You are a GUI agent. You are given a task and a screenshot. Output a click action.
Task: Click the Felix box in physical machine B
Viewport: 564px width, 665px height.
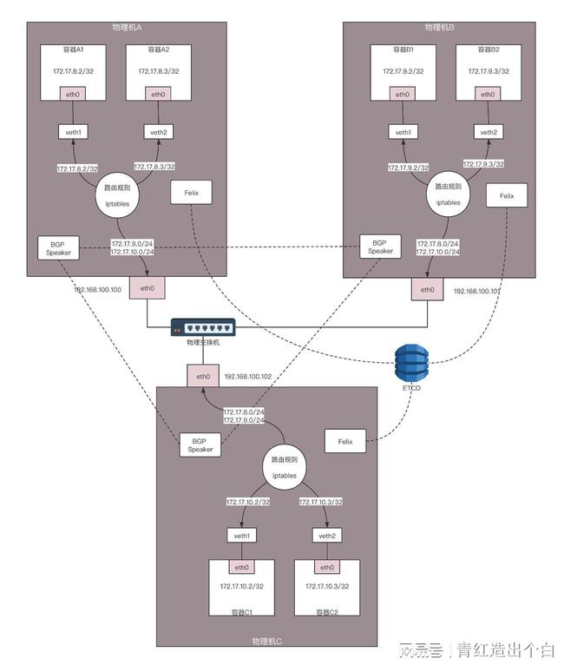[507, 195]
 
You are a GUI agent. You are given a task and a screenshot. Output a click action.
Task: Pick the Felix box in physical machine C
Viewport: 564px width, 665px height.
[344, 442]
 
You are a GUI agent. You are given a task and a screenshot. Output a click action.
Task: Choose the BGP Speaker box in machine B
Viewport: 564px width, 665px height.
[380, 247]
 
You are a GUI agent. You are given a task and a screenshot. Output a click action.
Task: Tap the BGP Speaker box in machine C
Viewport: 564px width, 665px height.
[200, 444]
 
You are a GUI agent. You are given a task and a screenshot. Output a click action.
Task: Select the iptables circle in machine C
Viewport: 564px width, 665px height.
[284, 469]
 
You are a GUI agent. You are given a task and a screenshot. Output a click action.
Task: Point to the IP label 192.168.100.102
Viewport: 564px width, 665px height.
[247, 378]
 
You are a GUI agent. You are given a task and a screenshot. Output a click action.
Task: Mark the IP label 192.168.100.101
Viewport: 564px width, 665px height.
[477, 293]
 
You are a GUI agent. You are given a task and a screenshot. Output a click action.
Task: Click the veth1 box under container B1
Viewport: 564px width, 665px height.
[403, 132]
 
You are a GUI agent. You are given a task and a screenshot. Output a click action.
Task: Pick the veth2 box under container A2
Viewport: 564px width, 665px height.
[158, 132]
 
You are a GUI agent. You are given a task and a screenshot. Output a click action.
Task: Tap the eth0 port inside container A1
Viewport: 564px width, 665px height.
[73, 94]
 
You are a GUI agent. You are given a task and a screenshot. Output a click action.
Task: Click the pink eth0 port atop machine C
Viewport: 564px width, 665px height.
[203, 377]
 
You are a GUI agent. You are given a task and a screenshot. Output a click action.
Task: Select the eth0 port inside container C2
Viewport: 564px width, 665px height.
[327, 568]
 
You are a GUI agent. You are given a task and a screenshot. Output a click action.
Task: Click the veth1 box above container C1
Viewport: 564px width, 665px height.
[242, 537]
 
